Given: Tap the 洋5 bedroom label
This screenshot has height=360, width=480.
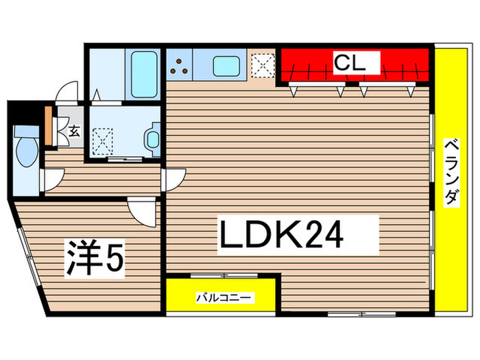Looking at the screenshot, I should (x=95, y=258).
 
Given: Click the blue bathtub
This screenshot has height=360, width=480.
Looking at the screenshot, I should (x=144, y=72).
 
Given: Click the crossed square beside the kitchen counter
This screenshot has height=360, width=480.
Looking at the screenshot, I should (x=262, y=67).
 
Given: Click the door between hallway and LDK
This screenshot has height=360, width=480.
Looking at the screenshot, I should (x=171, y=180).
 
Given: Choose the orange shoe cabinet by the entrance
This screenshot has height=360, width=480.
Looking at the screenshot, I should (x=48, y=126).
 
